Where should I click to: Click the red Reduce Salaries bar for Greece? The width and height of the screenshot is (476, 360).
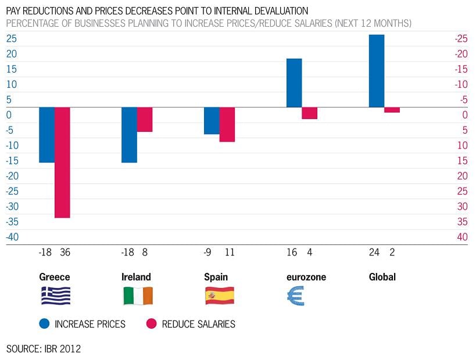(x=62, y=162)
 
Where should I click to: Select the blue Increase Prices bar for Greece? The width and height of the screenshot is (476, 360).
(x=46, y=135)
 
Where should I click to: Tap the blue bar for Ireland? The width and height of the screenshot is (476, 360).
(x=129, y=135)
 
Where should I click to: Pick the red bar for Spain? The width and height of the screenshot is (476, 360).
(x=227, y=124)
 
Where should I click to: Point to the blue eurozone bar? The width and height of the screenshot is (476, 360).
(x=294, y=83)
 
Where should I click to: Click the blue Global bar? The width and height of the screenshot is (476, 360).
(x=377, y=71)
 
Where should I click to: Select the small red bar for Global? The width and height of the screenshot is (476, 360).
(x=392, y=110)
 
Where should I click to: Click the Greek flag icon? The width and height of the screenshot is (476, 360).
(x=55, y=296)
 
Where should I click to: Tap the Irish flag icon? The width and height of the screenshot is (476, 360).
(x=138, y=296)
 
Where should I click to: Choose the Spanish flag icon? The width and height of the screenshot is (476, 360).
(x=220, y=296)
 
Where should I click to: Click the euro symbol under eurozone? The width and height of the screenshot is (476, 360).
(x=295, y=296)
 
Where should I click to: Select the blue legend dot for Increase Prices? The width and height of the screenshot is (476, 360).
(x=44, y=323)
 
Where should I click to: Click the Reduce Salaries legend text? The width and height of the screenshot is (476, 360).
(x=198, y=324)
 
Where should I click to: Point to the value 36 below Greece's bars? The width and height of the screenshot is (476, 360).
(x=65, y=253)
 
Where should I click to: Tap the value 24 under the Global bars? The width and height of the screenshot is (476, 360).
(x=374, y=253)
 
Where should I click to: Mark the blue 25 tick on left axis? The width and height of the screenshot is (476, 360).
(x=12, y=39)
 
